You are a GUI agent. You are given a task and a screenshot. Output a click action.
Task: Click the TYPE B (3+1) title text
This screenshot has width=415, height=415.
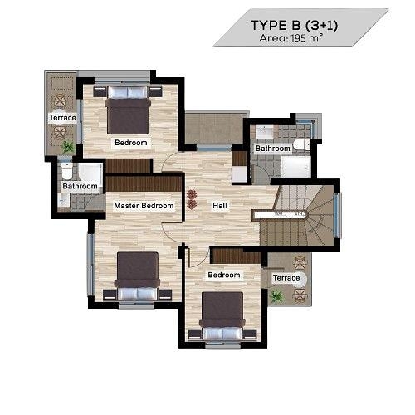[x=294, y=26]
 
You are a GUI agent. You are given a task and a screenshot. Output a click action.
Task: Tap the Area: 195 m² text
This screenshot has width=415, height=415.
[x=291, y=38]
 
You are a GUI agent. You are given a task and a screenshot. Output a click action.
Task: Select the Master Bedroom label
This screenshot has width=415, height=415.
[x=144, y=206]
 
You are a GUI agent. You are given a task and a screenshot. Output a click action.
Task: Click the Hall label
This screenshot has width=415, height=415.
[x=220, y=206]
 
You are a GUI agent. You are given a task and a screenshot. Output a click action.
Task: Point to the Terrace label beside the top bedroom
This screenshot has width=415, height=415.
[x=62, y=118]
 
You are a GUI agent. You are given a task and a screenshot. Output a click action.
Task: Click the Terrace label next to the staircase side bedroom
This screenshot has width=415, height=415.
[x=286, y=277]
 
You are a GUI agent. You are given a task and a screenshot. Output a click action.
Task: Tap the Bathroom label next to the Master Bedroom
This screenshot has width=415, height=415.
[x=80, y=186]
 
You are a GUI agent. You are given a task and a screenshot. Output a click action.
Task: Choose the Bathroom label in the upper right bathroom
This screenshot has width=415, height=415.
[x=272, y=149]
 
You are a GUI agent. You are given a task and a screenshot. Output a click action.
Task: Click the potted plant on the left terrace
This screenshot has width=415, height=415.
[x=68, y=147]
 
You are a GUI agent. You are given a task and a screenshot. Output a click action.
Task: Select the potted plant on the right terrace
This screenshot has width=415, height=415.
[x=276, y=296]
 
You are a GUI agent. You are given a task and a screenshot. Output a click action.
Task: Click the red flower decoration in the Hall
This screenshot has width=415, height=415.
[x=192, y=199]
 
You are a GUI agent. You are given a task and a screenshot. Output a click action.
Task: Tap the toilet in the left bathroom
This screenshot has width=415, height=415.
[x=66, y=171]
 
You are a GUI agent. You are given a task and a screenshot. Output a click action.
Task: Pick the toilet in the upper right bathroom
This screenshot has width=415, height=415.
[x=301, y=144]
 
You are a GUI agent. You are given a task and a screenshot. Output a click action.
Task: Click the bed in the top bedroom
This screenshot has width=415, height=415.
[x=128, y=110]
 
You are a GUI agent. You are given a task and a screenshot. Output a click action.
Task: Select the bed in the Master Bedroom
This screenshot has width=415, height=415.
[x=138, y=276]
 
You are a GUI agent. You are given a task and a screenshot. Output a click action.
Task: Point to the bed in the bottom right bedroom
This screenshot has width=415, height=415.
[x=222, y=316]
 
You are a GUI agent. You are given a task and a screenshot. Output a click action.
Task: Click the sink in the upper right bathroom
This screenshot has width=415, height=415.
[x=265, y=131]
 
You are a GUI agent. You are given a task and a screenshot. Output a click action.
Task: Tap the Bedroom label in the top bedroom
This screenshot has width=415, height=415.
[x=131, y=143]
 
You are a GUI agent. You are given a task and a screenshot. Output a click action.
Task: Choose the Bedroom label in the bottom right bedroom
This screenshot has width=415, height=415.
[x=224, y=275]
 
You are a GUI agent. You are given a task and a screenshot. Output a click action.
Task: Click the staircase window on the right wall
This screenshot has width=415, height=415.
[x=337, y=215]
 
